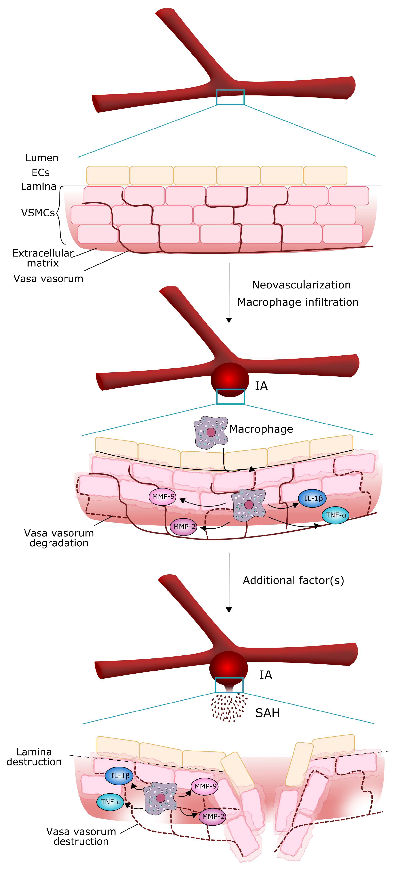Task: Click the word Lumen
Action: [42, 158]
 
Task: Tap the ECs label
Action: [41, 173]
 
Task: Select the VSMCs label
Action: [37, 213]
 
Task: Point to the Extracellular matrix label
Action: [43, 258]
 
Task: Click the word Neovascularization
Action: [301, 285]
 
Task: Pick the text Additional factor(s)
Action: [293, 580]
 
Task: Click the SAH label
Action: [267, 713]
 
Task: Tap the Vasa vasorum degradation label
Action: [59, 538]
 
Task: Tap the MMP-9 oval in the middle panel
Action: [163, 497]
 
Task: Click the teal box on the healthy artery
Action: [230, 97]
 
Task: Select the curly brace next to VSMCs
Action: [60, 215]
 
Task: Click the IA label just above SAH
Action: [266, 675]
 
